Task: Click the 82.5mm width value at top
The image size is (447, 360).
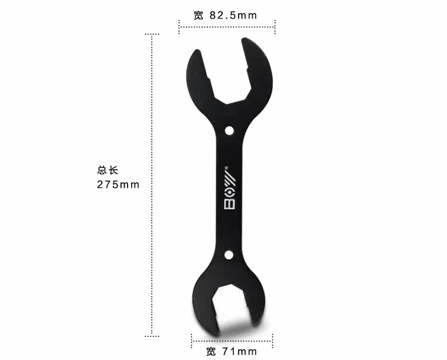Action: (234, 15)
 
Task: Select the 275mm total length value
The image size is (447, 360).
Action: (118, 185)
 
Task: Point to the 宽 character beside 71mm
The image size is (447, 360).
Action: (211, 351)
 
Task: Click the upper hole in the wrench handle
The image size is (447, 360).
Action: (229, 130)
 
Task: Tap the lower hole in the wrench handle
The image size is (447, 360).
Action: (228, 255)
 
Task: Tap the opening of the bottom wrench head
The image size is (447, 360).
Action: (229, 313)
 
